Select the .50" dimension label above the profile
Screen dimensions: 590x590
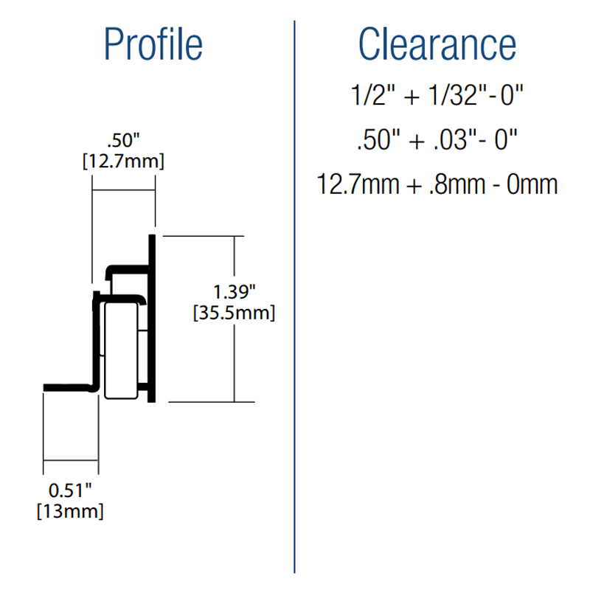point(123,139)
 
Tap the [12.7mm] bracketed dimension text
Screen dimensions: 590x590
point(123,159)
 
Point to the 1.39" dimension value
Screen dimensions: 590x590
point(234,292)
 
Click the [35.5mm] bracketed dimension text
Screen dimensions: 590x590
point(234,313)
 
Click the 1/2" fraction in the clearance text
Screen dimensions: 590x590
point(368,96)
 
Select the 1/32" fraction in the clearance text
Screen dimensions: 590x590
point(441,96)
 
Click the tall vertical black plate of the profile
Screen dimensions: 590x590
point(152,317)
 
